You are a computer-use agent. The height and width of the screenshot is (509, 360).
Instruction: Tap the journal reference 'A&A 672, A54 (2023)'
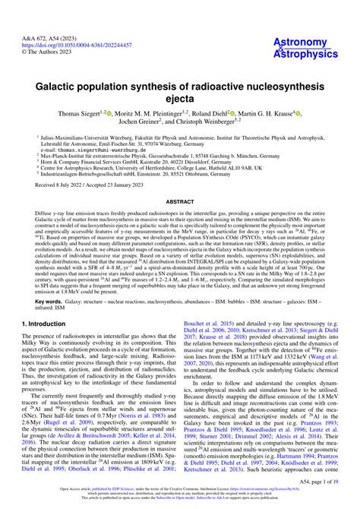click(x=35, y=16)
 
